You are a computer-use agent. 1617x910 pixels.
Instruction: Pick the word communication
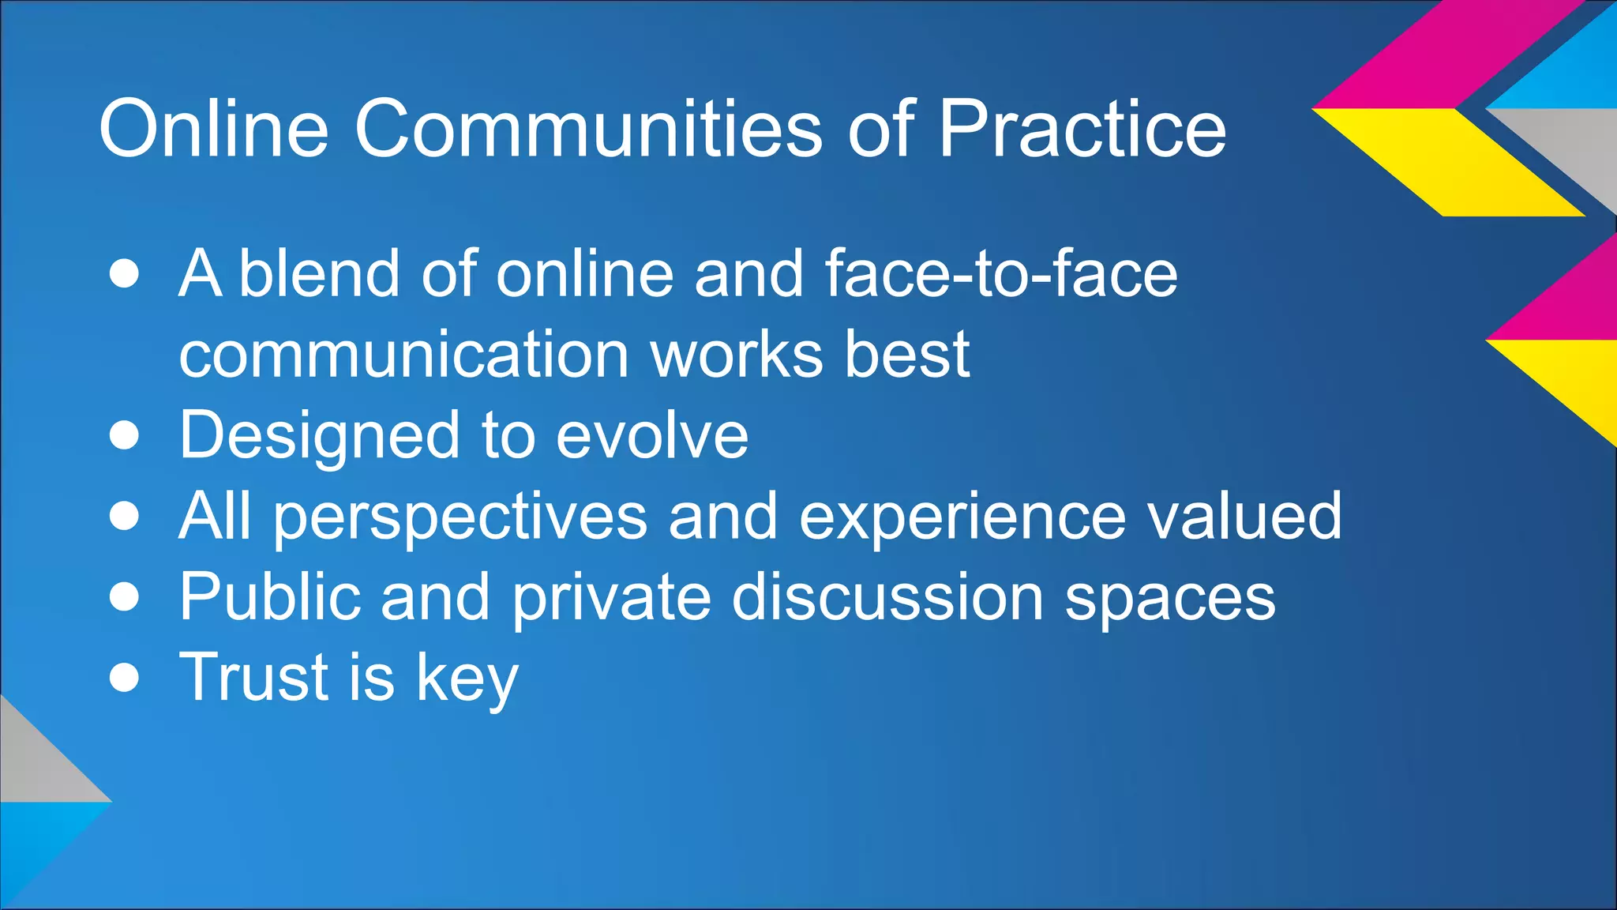coord(403,355)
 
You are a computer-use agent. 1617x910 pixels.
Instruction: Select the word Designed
coord(319,435)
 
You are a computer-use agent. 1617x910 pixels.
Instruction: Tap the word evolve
coord(652,435)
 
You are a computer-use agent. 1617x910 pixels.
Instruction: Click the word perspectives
coord(460,517)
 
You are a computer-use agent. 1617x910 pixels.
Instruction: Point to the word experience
coord(962,517)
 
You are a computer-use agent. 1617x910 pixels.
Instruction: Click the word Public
coord(268,597)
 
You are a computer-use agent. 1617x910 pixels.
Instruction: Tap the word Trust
coord(253,677)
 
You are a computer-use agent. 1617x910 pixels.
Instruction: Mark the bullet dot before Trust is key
coord(125,678)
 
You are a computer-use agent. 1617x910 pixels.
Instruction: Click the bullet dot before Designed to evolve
coord(125,435)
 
